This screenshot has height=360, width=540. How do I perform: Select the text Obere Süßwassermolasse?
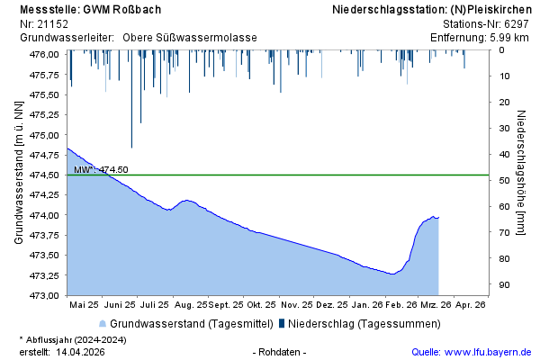click(189, 38)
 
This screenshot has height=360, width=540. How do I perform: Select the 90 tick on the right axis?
click(505, 284)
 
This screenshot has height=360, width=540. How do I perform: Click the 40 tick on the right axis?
click(505, 154)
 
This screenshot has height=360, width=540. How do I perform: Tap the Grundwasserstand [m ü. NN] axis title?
click(18, 172)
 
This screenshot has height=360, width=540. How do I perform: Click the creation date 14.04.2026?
click(80, 352)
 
